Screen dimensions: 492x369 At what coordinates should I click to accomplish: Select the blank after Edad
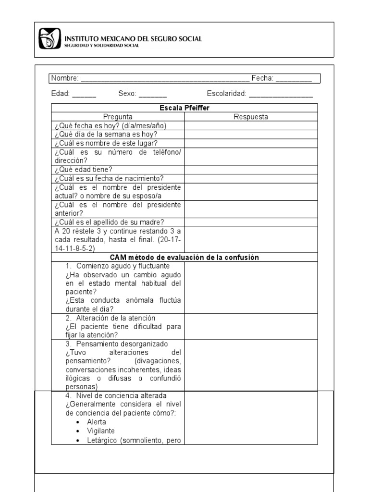click(x=84, y=95)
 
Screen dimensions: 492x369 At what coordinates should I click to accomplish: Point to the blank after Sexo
click(x=152, y=95)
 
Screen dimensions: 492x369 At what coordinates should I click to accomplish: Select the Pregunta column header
click(x=118, y=117)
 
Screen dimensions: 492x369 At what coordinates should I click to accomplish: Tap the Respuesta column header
click(x=251, y=117)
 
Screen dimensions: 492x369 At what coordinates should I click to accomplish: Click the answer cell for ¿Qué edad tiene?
click(x=250, y=169)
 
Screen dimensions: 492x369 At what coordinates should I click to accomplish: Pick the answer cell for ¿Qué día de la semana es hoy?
click(x=250, y=135)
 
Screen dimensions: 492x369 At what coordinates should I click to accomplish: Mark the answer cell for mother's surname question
click(x=250, y=222)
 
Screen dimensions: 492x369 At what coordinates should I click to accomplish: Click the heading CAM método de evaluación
click(x=184, y=258)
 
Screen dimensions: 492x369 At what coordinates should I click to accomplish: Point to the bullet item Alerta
click(x=97, y=422)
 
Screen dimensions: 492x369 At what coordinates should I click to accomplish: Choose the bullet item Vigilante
click(x=101, y=431)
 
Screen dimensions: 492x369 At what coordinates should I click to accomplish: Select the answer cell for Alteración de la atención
click(x=250, y=326)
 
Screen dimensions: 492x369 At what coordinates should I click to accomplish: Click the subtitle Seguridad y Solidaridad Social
click(x=102, y=46)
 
